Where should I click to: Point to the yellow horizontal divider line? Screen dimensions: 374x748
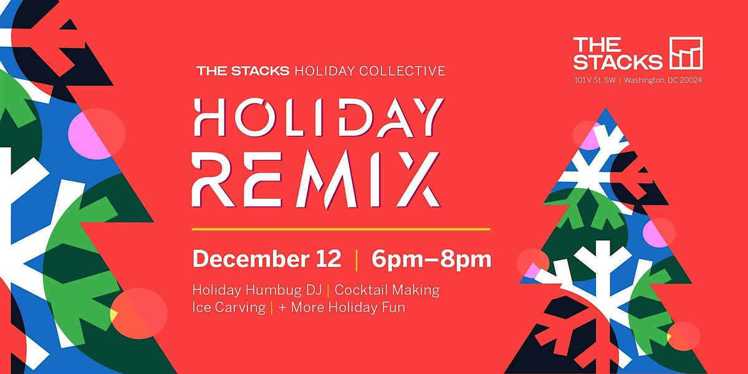coord(341,229)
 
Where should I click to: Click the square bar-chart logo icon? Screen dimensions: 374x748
coord(686,53)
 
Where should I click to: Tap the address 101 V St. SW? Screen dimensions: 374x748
coord(594,80)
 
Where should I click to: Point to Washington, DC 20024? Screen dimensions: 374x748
coord(664,80)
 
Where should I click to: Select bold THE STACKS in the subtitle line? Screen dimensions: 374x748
coord(242,70)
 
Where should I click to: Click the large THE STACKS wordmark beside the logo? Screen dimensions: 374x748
coord(618,53)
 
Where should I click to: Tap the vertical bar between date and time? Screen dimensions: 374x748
coord(356,259)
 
